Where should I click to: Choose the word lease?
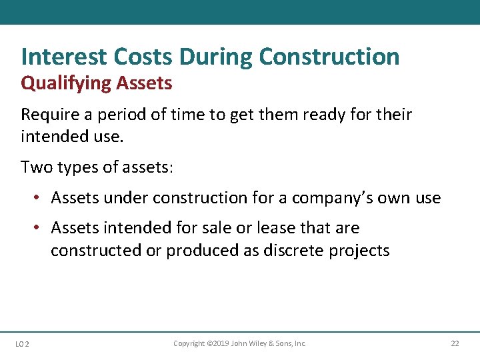click(x=276, y=228)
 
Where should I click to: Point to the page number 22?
click(x=455, y=343)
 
